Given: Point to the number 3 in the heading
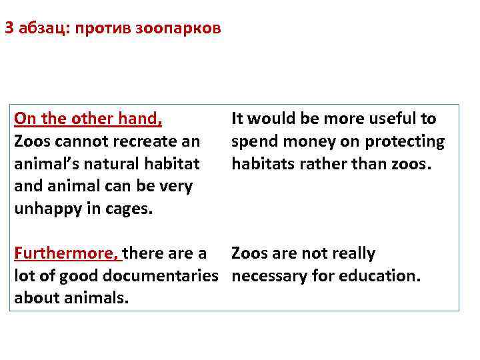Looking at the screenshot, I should [x=9, y=29].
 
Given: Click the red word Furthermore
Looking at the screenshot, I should [x=65, y=253].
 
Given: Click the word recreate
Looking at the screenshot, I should [x=131, y=141].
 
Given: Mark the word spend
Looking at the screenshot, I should [x=254, y=141].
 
